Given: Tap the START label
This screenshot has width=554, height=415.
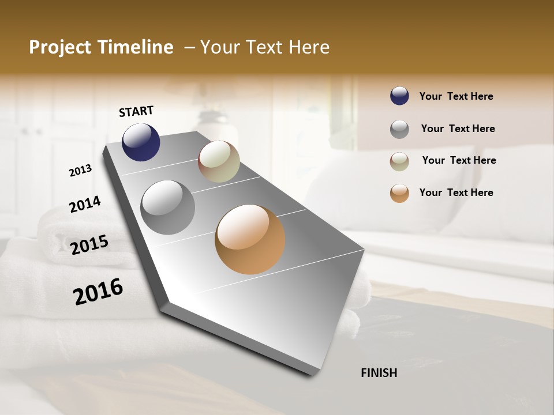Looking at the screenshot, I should (x=136, y=111).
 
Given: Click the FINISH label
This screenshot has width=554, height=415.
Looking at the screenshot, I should (x=379, y=373).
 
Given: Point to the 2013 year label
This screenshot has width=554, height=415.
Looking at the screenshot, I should (x=80, y=171).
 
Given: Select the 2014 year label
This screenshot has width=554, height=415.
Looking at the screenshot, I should (x=85, y=205).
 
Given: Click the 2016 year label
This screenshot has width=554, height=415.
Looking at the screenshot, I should (x=98, y=291).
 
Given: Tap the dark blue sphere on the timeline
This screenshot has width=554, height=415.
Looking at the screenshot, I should (x=141, y=142).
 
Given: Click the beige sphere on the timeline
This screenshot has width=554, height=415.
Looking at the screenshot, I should (x=219, y=162).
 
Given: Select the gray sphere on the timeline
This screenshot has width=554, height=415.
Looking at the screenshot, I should (x=168, y=207).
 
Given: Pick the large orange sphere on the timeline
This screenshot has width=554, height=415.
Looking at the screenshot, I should (x=250, y=239).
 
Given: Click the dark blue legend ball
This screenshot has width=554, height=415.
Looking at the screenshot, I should (x=399, y=96).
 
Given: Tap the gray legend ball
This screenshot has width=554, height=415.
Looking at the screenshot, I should (x=399, y=129).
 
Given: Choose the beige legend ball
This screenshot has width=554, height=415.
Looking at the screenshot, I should (x=399, y=161).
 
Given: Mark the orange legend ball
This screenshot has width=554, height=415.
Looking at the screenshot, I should (x=399, y=193).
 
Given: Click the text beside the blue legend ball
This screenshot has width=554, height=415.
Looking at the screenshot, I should (x=456, y=97).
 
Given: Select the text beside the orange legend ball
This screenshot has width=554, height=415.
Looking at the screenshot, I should (x=456, y=193).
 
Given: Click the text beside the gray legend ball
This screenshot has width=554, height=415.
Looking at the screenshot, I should (x=458, y=129).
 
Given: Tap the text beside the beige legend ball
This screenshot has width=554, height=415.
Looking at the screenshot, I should (x=459, y=160).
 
